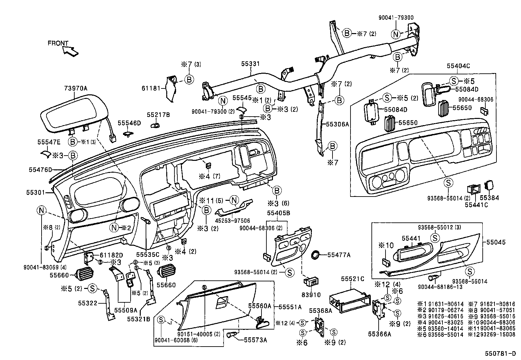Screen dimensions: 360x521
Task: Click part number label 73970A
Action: (76, 88)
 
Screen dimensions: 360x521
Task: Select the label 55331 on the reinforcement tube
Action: (250, 64)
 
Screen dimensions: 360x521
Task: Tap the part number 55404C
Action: (458, 66)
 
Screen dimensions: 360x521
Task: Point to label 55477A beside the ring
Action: (339, 255)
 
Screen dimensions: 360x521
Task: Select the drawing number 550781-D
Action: (500, 354)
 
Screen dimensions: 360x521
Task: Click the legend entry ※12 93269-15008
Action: (492, 334)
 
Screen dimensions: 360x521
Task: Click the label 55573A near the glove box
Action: (255, 340)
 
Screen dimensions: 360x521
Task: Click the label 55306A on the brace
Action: (338, 124)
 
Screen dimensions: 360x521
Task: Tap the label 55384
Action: (490, 198)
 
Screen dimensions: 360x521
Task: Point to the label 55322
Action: (88, 303)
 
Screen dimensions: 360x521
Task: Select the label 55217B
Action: (158, 115)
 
